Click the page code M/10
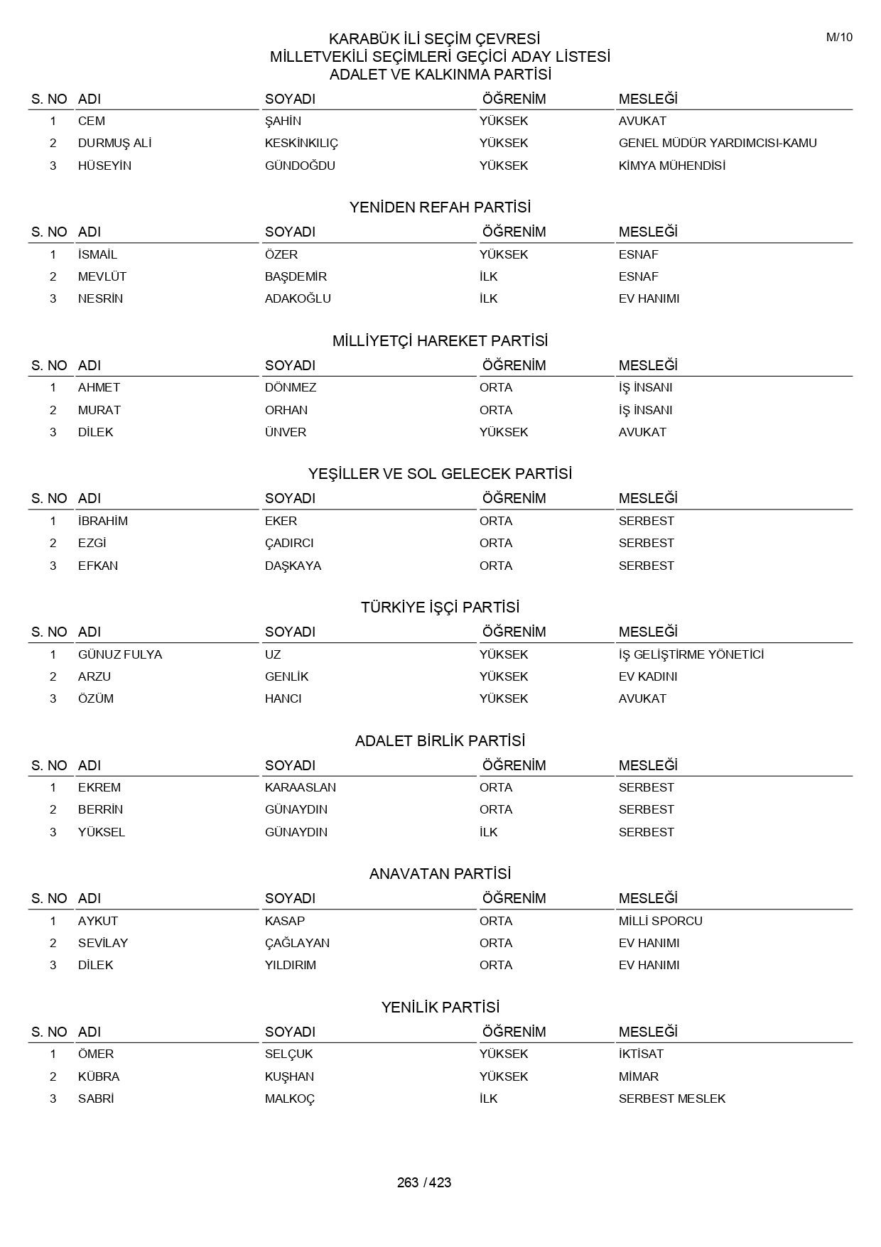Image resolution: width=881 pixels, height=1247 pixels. (x=839, y=38)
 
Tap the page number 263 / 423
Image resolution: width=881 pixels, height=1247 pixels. (x=424, y=1182)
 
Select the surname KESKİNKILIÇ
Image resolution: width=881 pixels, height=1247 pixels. (x=301, y=143)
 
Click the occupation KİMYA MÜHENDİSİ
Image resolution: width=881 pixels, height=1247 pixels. (x=671, y=166)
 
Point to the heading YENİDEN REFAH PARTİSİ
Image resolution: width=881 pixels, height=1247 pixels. (x=440, y=207)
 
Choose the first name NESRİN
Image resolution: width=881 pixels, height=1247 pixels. (x=100, y=298)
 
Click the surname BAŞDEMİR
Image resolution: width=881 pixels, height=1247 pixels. (x=296, y=276)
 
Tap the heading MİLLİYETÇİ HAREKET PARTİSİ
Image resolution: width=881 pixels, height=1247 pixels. (x=440, y=341)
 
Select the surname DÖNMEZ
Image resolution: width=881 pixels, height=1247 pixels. (x=291, y=387)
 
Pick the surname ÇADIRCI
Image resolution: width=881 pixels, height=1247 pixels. (x=289, y=543)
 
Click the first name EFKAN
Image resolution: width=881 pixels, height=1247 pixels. (x=98, y=566)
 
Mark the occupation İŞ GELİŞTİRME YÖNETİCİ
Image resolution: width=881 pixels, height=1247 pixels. (x=691, y=654)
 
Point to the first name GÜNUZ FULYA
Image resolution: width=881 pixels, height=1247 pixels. (x=120, y=654)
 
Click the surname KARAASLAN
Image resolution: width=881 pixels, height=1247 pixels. (x=301, y=787)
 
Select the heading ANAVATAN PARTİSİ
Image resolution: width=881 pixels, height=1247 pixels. (x=440, y=874)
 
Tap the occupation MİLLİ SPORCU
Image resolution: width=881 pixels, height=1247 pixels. (x=660, y=921)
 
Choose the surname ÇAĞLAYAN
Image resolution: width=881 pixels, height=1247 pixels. (x=297, y=943)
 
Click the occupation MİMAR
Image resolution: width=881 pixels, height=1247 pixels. (x=638, y=1076)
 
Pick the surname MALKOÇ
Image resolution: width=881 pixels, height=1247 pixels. (x=290, y=1098)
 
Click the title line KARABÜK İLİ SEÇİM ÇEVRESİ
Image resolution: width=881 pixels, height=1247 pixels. (x=434, y=39)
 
